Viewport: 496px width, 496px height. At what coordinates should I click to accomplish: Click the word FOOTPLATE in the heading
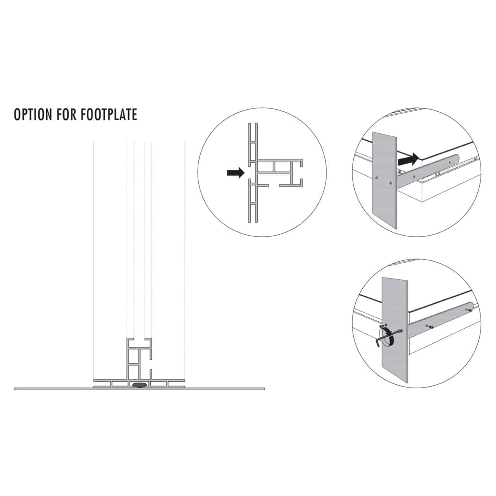click(110, 115)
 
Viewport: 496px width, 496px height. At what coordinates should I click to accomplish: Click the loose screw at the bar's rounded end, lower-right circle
click(469, 310)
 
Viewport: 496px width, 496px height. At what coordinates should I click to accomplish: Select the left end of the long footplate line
click(15, 388)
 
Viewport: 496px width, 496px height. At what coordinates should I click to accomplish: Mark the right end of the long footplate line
click(264, 388)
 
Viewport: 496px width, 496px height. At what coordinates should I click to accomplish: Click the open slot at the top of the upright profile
click(139, 339)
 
